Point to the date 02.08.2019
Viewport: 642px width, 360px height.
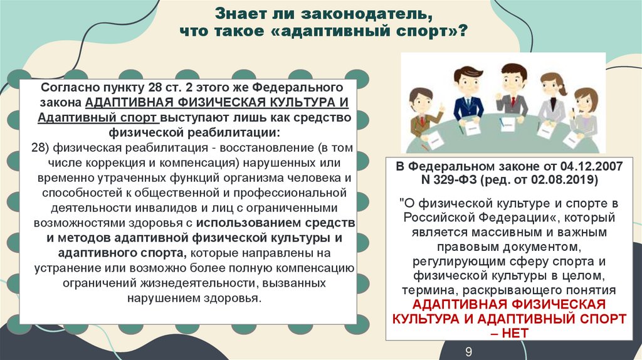click(570, 180)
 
